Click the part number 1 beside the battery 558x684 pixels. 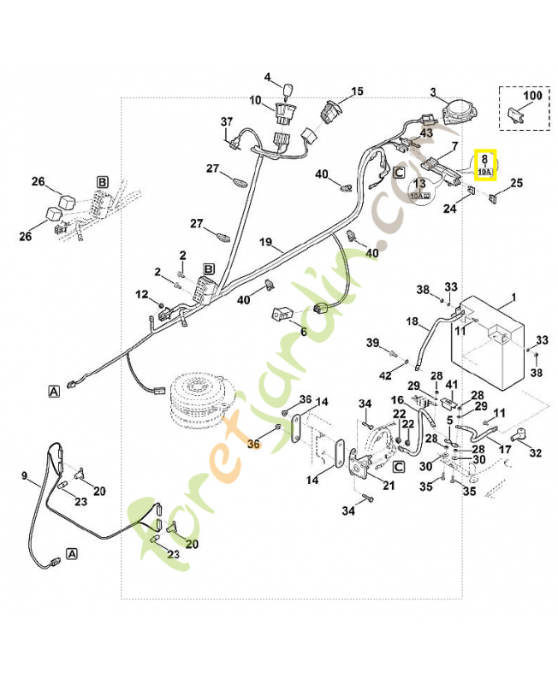point(513,298)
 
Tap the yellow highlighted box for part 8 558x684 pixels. point(484,164)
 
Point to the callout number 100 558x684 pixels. point(532,97)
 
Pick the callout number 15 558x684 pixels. point(357,91)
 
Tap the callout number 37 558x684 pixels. point(227,121)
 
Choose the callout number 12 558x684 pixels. point(141,295)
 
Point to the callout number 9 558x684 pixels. point(24,475)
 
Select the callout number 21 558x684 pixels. point(389,486)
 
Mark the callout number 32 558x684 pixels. point(536,453)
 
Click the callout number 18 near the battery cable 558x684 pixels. point(413,322)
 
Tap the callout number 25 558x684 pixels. point(516,183)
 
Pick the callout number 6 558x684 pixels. point(302,332)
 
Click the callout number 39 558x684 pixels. point(373,343)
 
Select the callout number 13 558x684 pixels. point(420,183)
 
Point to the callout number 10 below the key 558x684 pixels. point(256,101)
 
